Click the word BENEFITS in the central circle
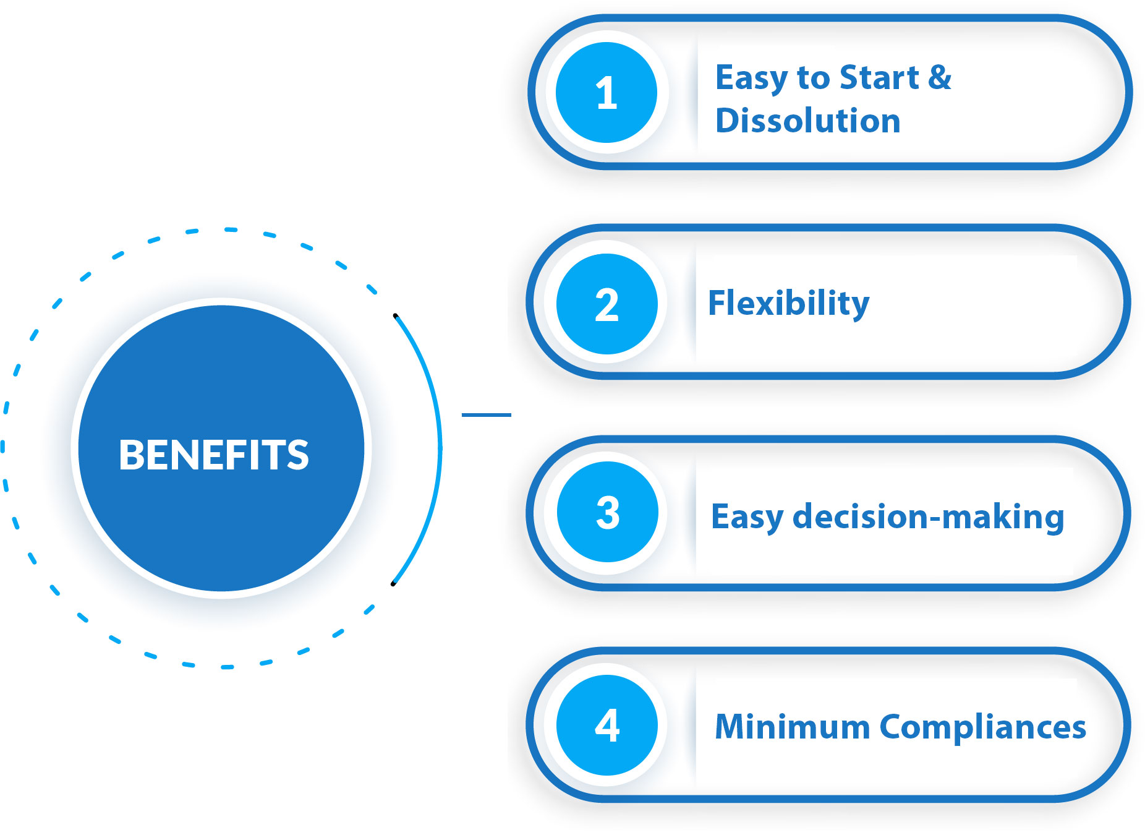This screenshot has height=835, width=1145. point(214,455)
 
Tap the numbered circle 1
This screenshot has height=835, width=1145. point(606,93)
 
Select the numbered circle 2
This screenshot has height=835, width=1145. point(607,304)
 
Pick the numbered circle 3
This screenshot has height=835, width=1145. point(607,512)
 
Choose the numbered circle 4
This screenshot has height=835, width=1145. point(607,725)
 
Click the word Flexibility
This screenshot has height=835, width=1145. point(788,303)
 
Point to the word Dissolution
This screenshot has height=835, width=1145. point(807,120)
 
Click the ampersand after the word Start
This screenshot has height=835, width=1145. point(940,77)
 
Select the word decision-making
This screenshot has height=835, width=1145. point(928,516)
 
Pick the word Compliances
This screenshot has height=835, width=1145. point(982,727)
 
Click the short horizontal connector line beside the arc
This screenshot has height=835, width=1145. point(487,414)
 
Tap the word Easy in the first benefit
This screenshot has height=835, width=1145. point(752,79)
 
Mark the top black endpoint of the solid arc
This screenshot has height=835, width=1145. point(395,315)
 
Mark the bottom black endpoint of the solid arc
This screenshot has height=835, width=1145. point(393,584)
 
